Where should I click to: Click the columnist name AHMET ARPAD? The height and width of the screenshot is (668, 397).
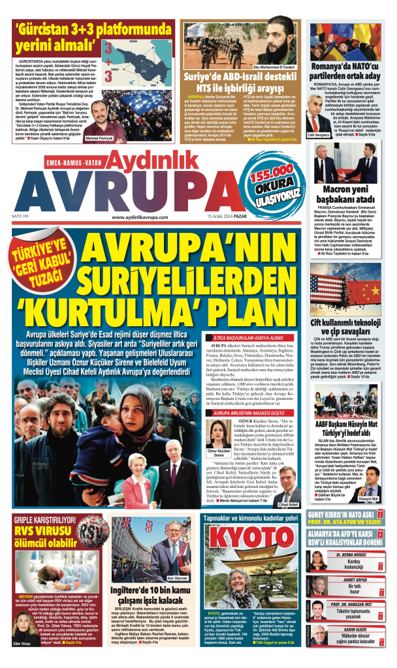[x=351, y=579]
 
